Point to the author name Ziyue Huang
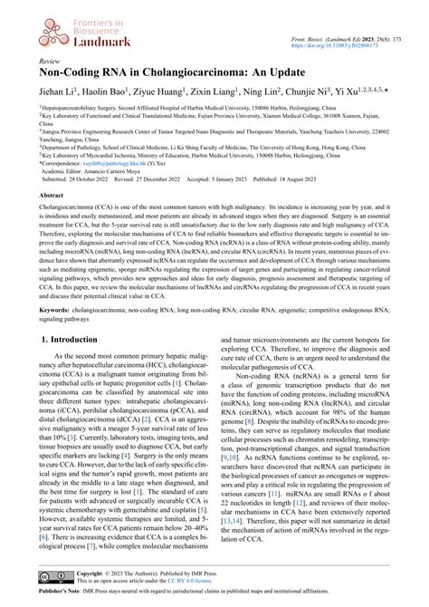point(157,92)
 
